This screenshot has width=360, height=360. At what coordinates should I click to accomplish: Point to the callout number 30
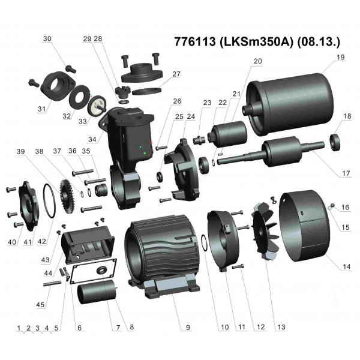point(47,38)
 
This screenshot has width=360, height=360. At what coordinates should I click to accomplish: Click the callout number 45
point(40,305)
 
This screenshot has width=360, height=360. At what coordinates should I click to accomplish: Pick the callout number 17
point(345,173)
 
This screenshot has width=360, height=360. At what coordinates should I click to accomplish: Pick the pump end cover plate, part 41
point(26,202)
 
